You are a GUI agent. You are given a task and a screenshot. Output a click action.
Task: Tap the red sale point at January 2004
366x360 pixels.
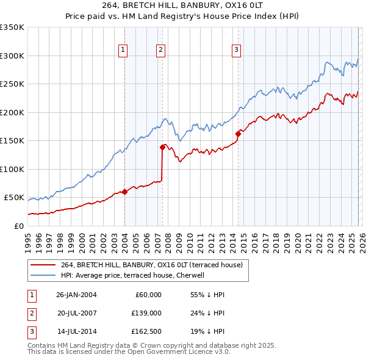tap(124, 192)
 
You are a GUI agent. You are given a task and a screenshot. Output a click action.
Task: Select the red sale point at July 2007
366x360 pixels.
tap(162, 147)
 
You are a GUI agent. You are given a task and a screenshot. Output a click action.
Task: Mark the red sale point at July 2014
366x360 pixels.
tap(238, 134)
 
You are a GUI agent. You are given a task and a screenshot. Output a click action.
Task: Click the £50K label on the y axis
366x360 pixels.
tap(14, 198)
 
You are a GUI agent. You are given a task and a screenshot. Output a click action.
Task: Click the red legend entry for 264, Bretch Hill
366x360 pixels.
tap(151, 265)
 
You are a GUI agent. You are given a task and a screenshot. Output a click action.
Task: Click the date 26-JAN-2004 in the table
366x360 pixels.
tap(76, 295)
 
